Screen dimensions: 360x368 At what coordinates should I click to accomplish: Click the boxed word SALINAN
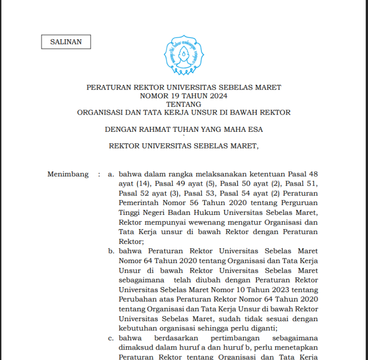point(66,42)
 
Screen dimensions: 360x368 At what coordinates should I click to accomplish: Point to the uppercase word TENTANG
point(184,104)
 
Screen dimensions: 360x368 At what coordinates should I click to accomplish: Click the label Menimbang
point(68,174)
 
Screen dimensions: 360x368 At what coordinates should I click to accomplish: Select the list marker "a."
point(111,174)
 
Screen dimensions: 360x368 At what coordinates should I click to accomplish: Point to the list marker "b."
point(111,251)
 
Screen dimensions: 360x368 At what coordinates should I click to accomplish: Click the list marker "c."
point(111,338)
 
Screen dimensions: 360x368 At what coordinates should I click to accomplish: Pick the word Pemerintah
point(139,203)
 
